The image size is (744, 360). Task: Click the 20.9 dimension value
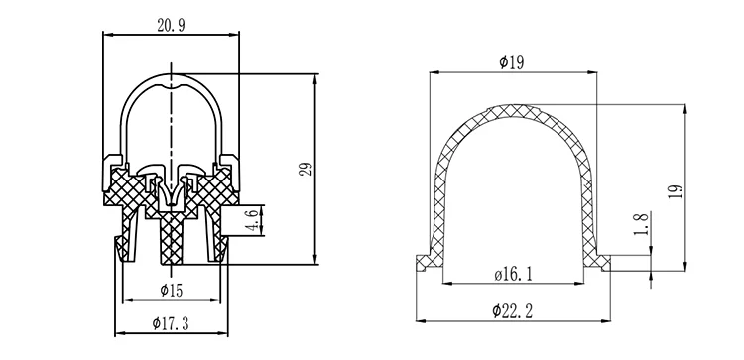[171, 26]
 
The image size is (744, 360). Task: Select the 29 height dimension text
[307, 170]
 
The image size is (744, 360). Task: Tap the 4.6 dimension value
[253, 221]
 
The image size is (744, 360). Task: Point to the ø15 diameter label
[172, 290]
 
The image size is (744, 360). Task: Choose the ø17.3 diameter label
[171, 324]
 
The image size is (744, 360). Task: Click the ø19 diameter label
[512, 62]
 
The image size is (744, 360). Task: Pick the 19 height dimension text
[677, 191]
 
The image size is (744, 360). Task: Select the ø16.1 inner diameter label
[513, 274]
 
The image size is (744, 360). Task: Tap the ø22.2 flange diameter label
[513, 311]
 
